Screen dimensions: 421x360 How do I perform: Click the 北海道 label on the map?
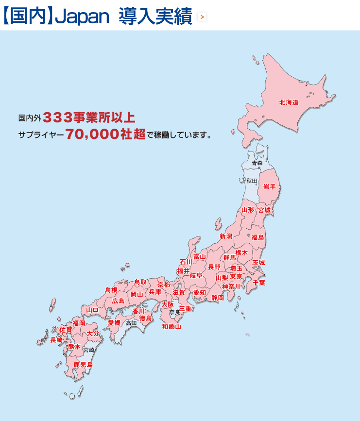tap(289, 102)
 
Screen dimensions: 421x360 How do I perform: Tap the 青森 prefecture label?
tap(257, 163)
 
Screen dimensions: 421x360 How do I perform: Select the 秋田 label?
tap(252, 181)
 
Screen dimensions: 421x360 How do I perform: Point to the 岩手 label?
tap(269, 187)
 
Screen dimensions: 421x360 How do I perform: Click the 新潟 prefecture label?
tap(226, 236)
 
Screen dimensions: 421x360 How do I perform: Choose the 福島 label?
tap(258, 237)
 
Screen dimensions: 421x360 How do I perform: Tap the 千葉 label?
tap(259, 283)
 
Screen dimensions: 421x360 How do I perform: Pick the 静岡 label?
tap(218, 298)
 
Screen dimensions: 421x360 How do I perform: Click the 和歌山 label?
tap(171, 326)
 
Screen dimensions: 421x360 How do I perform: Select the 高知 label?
tap(131, 323)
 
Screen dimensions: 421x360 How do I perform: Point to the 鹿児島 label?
tap(83, 364)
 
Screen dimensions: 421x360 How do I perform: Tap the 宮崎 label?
tap(88, 350)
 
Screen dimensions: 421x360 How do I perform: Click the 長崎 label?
tap(56, 340)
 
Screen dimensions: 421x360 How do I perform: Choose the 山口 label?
tap(92, 310)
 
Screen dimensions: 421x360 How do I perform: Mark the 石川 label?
tap(186, 262)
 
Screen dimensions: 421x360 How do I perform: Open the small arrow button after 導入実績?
tap(202, 17)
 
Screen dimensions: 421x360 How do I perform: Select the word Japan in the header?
tap(82, 17)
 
